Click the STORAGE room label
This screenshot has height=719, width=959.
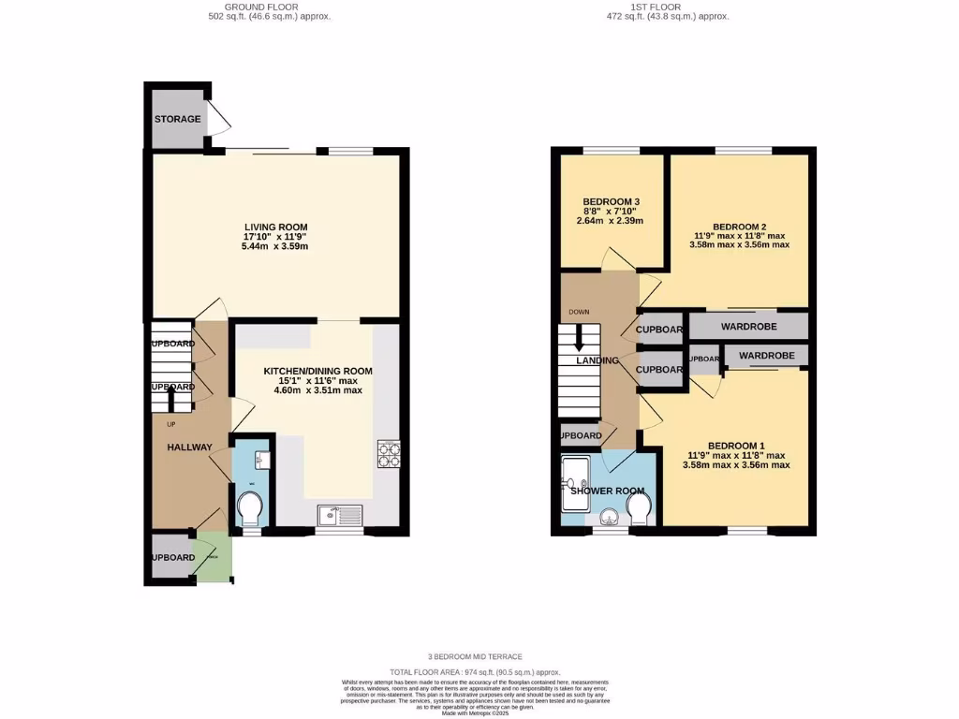(177, 119)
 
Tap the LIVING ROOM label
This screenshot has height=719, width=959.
(276, 227)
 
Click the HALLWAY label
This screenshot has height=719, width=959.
(189, 447)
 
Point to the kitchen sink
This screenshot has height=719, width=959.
(338, 514)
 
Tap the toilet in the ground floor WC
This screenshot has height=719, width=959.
(250, 509)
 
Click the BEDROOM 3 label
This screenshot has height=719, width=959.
(611, 201)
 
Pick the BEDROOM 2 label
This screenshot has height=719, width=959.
(739, 227)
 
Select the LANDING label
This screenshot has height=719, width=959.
(598, 360)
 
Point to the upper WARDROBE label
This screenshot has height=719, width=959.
(751, 327)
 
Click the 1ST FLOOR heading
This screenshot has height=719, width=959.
(668, 7)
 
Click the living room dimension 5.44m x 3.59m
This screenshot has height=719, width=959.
(276, 247)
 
